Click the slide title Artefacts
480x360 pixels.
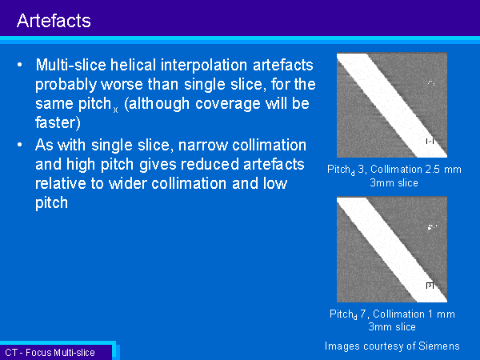point(54,21)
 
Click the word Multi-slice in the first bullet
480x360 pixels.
point(71,65)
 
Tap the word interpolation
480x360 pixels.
point(204,66)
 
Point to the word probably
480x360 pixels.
point(66,85)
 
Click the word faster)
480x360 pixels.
point(58,122)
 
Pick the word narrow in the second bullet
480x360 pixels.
point(203,146)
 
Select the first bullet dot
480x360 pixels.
point(20,65)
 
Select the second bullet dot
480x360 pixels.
point(20,145)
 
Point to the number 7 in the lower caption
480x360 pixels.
point(363,314)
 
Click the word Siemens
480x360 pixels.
point(439,346)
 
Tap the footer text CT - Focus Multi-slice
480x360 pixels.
point(50,353)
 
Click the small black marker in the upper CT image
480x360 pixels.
point(430,141)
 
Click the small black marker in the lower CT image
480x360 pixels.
point(430,286)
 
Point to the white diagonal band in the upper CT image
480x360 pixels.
point(392,105)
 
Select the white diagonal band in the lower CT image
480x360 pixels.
point(392,249)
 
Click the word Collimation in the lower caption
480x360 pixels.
point(398,314)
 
